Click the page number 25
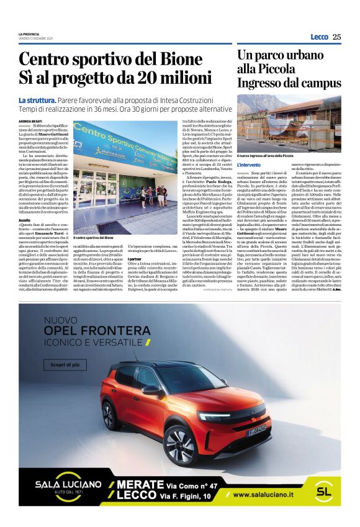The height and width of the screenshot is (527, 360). [336, 37]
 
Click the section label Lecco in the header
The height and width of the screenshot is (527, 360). [319, 37]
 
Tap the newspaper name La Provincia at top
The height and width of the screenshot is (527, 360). [29, 34]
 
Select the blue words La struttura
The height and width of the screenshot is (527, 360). [38, 101]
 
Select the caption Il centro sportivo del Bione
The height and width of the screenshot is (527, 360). [93, 238]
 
